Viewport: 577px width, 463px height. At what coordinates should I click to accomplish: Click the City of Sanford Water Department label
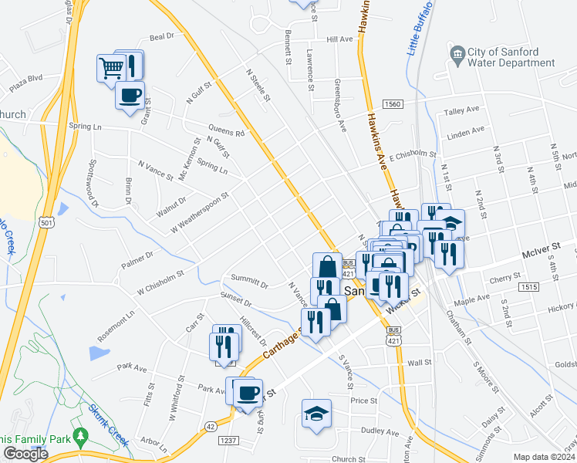click(510, 58)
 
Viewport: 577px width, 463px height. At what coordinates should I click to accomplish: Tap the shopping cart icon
click(111, 69)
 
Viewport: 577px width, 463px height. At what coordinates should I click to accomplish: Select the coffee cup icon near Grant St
click(130, 97)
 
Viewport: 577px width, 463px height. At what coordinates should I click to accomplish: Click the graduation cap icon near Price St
click(316, 414)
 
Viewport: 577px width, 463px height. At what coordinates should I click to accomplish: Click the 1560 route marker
click(393, 104)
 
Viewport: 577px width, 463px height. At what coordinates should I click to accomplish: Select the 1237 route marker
click(229, 441)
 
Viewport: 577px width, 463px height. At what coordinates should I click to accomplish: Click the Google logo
click(25, 454)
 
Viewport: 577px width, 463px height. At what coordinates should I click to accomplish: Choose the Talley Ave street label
click(462, 112)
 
